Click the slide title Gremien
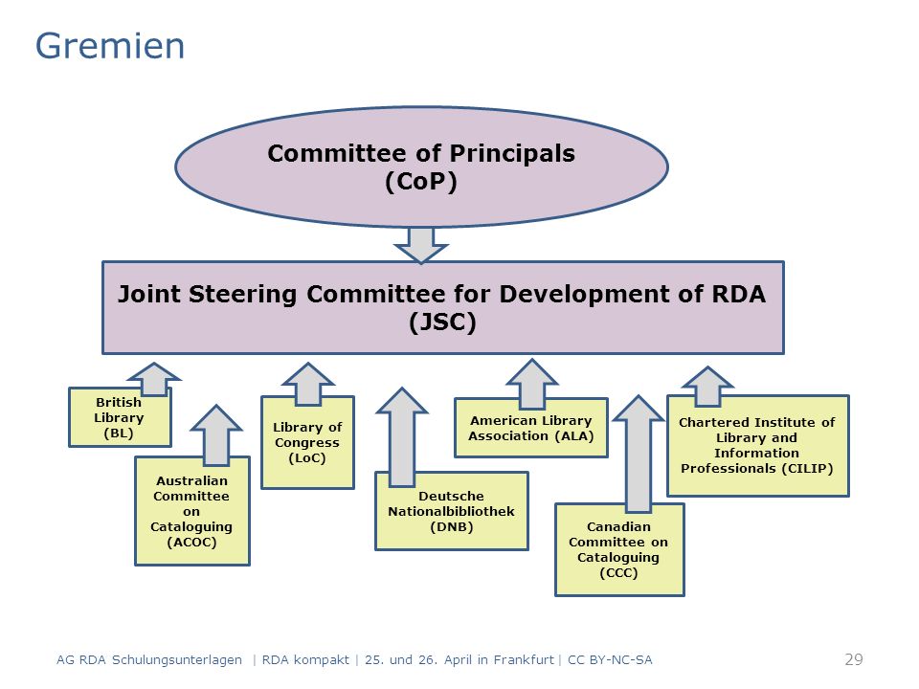point(109,46)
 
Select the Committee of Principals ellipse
point(421,167)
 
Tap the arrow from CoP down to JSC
point(421,245)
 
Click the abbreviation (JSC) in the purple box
point(442,322)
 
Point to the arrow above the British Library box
point(153,379)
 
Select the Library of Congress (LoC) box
point(307,443)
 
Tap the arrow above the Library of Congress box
point(307,385)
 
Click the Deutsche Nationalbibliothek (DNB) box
point(451,511)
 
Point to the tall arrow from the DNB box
point(402,437)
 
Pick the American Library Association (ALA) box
point(531,429)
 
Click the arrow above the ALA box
point(531,384)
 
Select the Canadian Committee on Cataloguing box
point(619,549)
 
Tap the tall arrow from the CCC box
point(639,454)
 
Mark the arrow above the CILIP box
point(707,387)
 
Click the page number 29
point(854,659)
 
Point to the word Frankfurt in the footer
point(524,660)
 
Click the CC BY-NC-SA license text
point(610,660)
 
